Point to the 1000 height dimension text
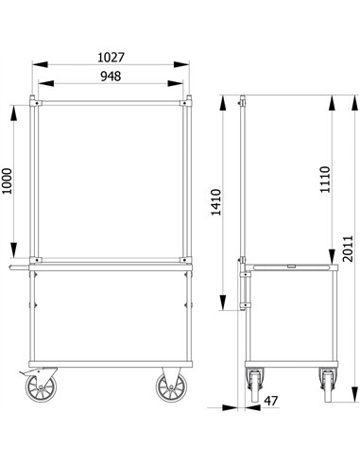tap(8, 180)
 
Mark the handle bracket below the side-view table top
tap(246, 288)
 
